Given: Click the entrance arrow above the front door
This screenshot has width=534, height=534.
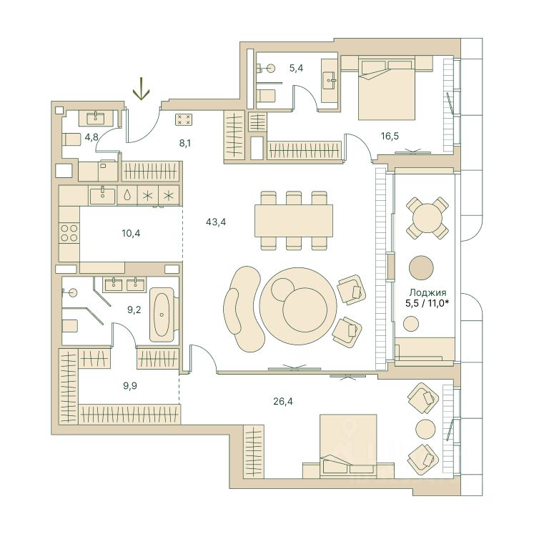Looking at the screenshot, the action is tap(141, 89).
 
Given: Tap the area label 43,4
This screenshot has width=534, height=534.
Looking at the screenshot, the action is tap(216, 222).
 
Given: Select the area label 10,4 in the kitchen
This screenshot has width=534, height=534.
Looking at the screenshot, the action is tap(131, 233).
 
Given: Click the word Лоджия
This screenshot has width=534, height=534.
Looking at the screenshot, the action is tap(427, 292).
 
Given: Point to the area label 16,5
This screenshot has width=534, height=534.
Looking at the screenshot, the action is tap(390, 137).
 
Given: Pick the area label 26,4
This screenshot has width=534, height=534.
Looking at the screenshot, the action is tap(282, 402).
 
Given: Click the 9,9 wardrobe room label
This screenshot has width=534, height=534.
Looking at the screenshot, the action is tap(130, 386).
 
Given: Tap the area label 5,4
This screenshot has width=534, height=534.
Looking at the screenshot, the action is tap(296, 68).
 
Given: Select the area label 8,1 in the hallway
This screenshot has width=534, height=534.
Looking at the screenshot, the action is tap(185, 144).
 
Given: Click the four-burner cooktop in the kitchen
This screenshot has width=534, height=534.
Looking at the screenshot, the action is tap(69, 233).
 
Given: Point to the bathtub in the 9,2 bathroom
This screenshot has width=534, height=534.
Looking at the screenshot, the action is tap(162, 315).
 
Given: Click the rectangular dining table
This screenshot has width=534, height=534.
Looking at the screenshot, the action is tap(294, 221).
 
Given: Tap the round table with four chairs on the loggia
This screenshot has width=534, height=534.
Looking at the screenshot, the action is tap(427, 217).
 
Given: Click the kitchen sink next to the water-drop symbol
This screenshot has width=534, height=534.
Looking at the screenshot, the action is tap(102, 195).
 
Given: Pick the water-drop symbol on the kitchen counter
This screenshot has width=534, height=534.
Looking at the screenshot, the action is tap(127, 195).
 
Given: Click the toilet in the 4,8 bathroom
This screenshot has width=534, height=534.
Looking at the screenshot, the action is tap(71, 139).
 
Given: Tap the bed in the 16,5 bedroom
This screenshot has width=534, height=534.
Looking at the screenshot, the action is tap(387, 89).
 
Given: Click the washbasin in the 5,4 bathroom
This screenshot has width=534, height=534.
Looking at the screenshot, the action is tap(330, 81).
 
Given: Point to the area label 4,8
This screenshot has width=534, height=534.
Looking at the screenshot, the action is tap(92, 137).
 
